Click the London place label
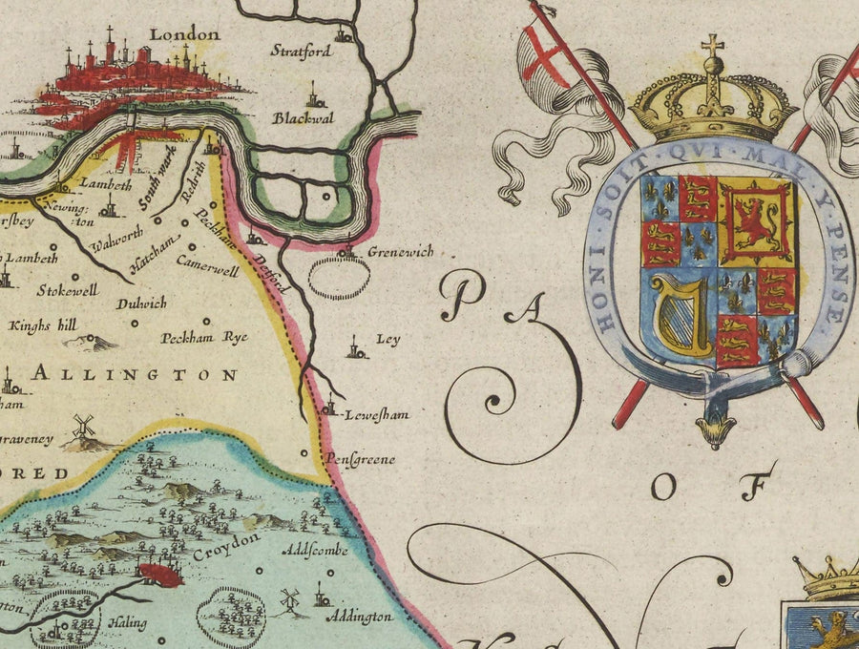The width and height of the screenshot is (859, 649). (184, 34)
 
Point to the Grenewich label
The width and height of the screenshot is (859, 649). (400, 252)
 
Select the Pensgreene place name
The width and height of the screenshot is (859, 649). (361, 459)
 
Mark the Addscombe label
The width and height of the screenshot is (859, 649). (315, 551)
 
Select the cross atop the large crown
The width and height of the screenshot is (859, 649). (712, 45)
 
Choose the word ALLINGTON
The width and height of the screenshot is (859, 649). (134, 375)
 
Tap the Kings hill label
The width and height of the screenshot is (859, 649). (43, 325)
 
